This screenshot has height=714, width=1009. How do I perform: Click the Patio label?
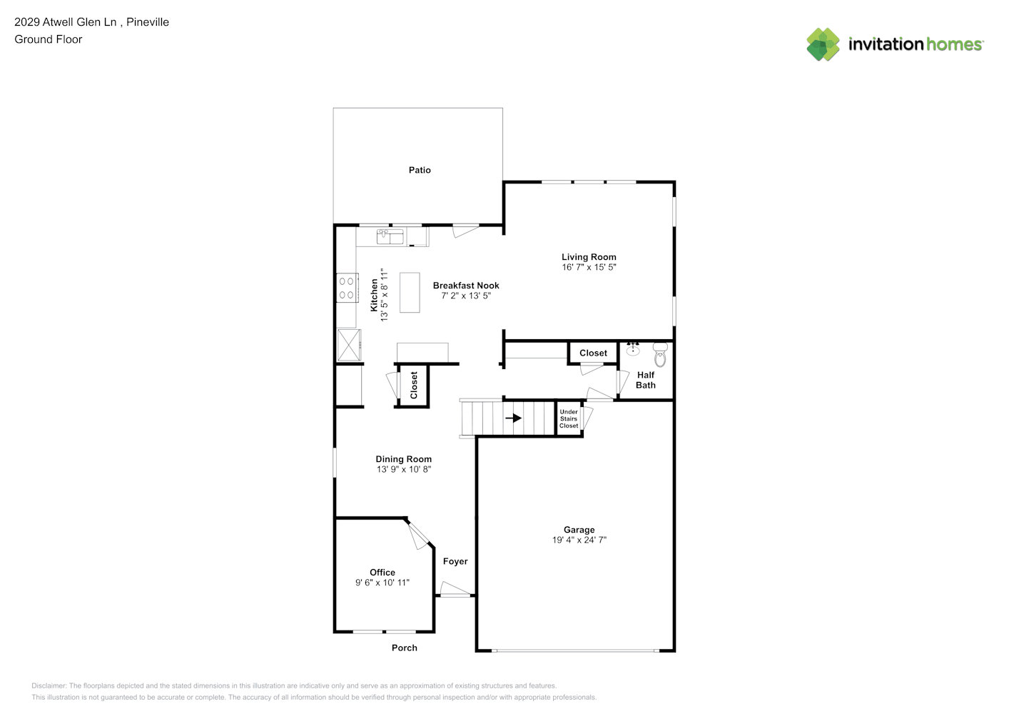(420, 170)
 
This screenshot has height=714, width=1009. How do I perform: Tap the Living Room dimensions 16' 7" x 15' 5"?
(589, 267)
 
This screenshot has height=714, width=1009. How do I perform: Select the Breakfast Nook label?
(466, 286)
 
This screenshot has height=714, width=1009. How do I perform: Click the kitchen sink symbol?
(390, 236)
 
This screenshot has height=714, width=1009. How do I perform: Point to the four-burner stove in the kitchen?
(348, 288)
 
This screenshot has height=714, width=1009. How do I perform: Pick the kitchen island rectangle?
(410, 293)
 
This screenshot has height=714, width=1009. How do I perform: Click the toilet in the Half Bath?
(660, 355)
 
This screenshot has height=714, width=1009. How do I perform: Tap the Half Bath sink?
(633, 349)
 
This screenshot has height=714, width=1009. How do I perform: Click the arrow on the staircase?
(513, 418)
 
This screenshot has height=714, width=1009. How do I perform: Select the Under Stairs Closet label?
(569, 418)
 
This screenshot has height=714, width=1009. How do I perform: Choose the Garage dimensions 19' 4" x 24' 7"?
(579, 540)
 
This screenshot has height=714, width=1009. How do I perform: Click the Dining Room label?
(404, 459)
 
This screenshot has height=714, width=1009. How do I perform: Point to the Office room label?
(382, 572)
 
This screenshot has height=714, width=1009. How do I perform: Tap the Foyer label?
(455, 561)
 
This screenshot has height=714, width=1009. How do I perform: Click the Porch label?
(405, 648)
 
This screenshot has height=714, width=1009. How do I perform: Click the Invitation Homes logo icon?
(823, 44)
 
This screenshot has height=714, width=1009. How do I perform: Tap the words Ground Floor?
(49, 39)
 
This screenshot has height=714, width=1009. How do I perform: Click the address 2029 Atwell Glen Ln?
(66, 21)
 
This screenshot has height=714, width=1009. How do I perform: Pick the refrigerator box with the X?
(349, 345)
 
